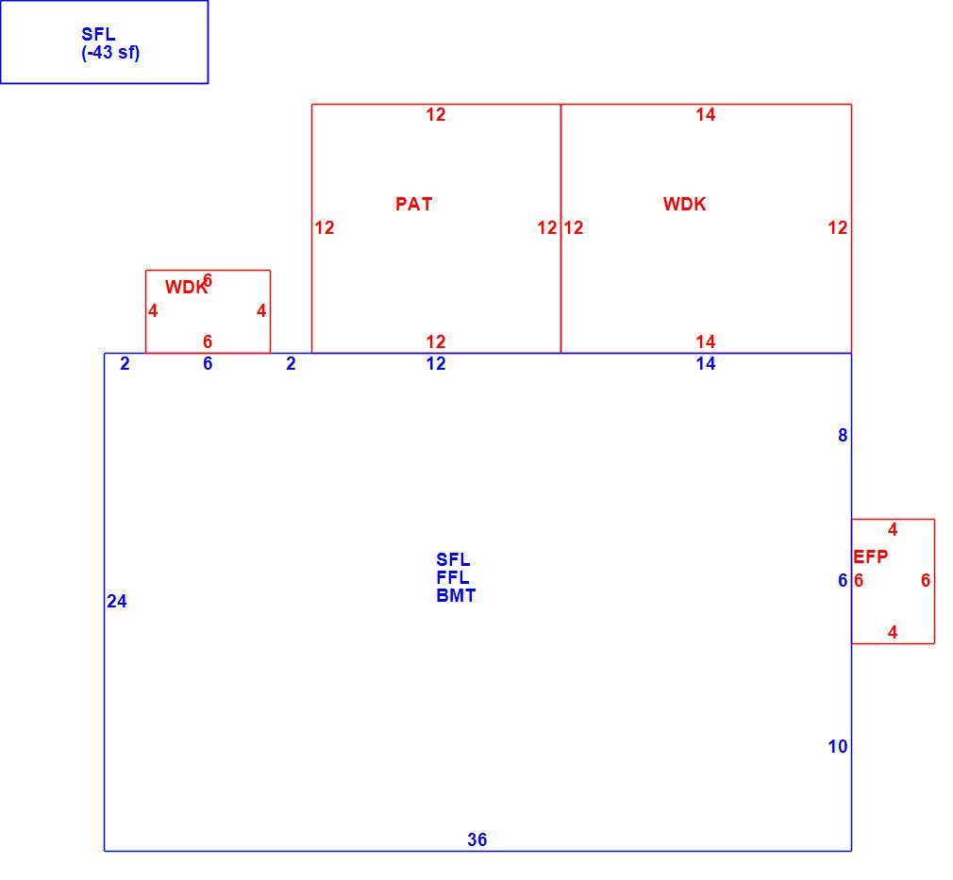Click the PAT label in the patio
[413, 204]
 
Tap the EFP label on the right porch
[870, 556]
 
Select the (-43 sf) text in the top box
[110, 53]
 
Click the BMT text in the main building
[456, 595]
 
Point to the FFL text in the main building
[453, 577]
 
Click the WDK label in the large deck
[684, 204]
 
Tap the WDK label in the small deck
[186, 287]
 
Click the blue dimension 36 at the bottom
[477, 839]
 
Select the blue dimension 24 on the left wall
[117, 601]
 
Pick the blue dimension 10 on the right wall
[838, 746]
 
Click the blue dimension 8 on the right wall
[843, 435]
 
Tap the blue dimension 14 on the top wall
[706, 363]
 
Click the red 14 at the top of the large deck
[706, 114]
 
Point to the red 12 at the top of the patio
[436, 114]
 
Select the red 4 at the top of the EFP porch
[893, 529]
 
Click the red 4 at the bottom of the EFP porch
[893, 632]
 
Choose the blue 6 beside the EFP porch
[843, 580]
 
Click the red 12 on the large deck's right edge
[838, 227]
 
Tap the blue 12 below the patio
[436, 363]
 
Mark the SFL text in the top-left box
[98, 34]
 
